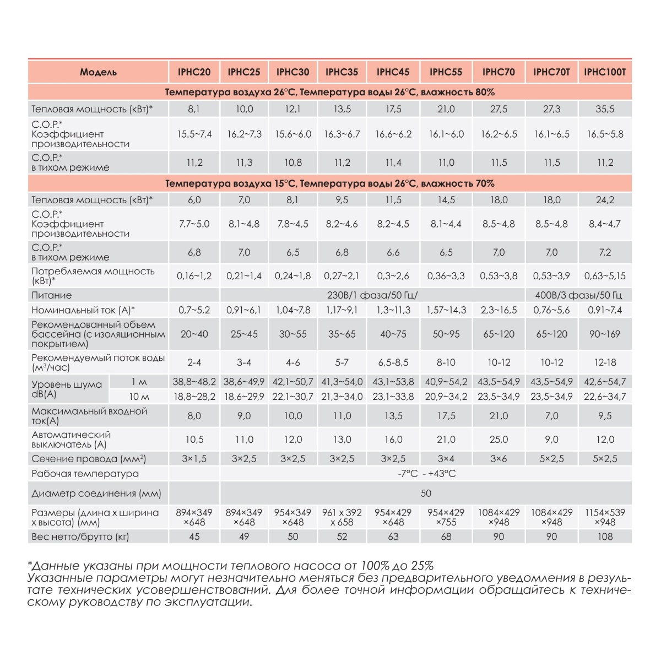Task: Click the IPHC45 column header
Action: pyautogui.click(x=393, y=72)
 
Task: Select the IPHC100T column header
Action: pyautogui.click(x=605, y=72)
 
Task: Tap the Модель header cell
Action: pyautogui.click(x=98, y=72)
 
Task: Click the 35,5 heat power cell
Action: pyautogui.click(x=605, y=109)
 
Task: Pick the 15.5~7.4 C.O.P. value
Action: pyautogui.click(x=194, y=134)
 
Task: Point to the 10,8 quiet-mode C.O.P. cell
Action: pyautogui.click(x=292, y=162)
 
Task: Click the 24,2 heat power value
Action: pyautogui.click(x=605, y=200)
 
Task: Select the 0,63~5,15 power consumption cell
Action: pyautogui.click(x=605, y=276)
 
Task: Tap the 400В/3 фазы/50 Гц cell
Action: pyautogui.click(x=578, y=295)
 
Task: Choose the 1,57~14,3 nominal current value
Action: pyautogui.click(x=446, y=310)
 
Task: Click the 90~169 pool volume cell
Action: pyautogui.click(x=605, y=334)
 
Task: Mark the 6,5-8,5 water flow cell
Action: pyautogui.click(x=393, y=362)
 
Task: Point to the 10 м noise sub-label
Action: pyautogui.click(x=139, y=397)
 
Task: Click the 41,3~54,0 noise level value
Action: pyautogui.click(x=342, y=382)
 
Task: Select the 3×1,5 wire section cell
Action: pyautogui.click(x=194, y=458)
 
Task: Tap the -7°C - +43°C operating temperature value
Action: pyautogui.click(x=426, y=474)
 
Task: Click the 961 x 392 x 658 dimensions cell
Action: pyautogui.click(x=342, y=517)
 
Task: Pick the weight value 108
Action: pyautogui.click(x=605, y=537)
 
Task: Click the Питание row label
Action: pyautogui.click(x=52, y=295)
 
